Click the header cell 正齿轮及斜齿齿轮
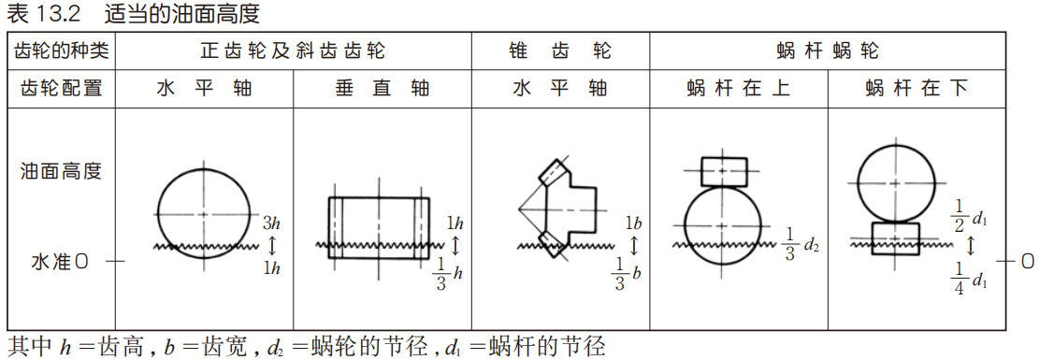tap(293, 50)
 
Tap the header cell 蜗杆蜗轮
tap(828, 50)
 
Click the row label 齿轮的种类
tap(61, 50)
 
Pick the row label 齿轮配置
tap(61, 89)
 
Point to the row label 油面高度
tap(61, 171)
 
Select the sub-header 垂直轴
tap(382, 89)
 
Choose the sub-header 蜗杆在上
tap(739, 89)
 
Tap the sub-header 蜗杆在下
tap(916, 89)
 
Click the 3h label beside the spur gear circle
tap(272, 224)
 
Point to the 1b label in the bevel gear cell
tap(633, 224)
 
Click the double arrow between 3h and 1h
tap(272, 245)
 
